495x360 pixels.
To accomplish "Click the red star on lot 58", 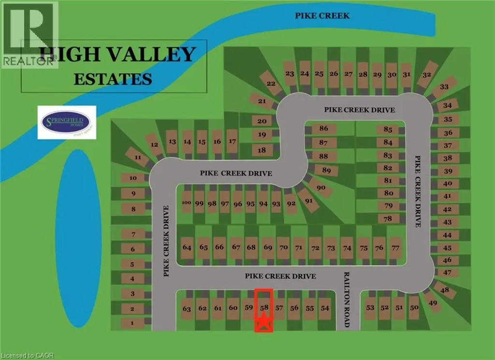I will (263, 321).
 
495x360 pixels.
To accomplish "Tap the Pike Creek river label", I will (322, 15).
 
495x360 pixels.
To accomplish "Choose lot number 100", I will (187, 203).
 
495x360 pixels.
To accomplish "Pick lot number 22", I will (271, 84).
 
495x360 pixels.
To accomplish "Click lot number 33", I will (444, 87).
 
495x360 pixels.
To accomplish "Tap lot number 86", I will (323, 129).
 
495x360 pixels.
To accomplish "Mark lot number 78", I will (388, 218).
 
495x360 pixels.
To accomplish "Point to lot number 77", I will (395, 247).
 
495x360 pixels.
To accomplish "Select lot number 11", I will (138, 158).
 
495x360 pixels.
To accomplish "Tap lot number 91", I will (309, 201).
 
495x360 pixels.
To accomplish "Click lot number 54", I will (325, 308).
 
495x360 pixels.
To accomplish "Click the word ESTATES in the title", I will (113, 78).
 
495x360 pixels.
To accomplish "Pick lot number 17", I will (233, 141).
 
